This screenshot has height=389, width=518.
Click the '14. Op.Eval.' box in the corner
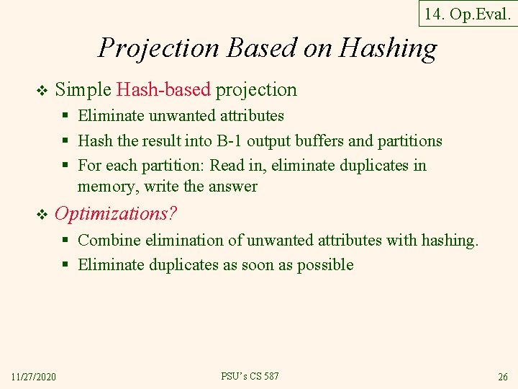(x=468, y=13)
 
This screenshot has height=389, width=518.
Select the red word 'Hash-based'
(x=163, y=90)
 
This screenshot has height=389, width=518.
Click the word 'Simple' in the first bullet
(x=83, y=90)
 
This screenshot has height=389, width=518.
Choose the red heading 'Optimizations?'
(x=116, y=214)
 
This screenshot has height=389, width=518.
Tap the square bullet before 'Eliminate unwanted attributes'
(x=65, y=116)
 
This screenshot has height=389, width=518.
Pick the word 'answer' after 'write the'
(x=232, y=187)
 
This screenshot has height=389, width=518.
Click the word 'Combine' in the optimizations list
(x=109, y=240)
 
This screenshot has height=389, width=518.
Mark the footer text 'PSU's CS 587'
(x=250, y=376)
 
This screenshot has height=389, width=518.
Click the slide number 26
(x=502, y=377)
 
